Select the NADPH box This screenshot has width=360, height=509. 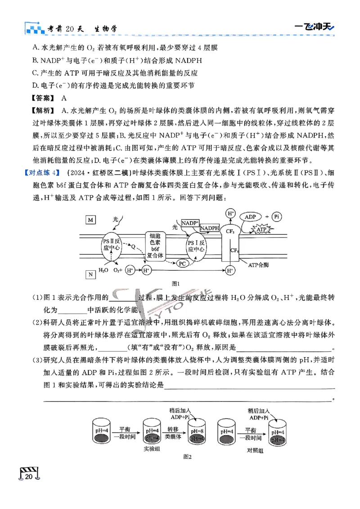tap(209, 228)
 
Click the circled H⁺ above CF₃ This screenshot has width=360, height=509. tap(230, 213)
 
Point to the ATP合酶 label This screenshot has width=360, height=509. tap(258, 265)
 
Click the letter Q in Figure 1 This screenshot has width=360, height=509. tap(133, 246)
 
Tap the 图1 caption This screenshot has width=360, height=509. tap(176, 283)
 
